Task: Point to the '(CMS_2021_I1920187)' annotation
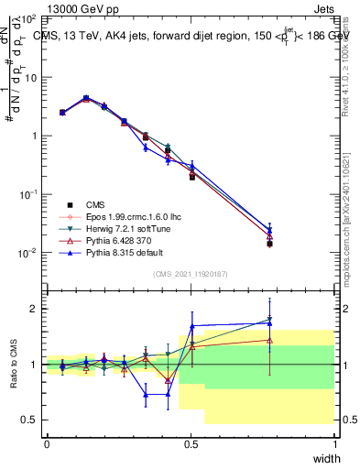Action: coord(191,274)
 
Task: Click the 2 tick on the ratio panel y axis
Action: coord(36,309)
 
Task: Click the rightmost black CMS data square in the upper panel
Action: coord(270,244)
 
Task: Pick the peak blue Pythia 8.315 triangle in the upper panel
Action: coord(86,97)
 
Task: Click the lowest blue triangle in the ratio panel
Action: coord(146,395)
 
